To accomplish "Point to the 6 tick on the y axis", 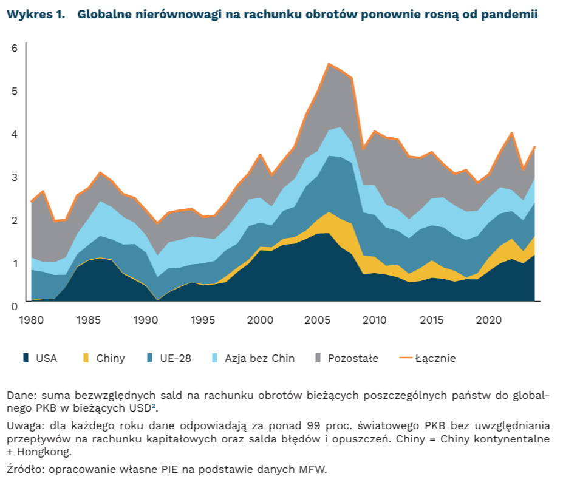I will pyautogui.click(x=14, y=48).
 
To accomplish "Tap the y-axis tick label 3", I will pyautogui.click(x=14, y=177).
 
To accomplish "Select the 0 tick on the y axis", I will pyautogui.click(x=14, y=306).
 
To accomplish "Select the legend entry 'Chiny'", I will pyautogui.click(x=110, y=358).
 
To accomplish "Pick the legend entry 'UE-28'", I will pyautogui.click(x=175, y=358).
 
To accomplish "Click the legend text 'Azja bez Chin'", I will pyautogui.click(x=259, y=358).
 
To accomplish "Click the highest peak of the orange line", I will pyautogui.click(x=329, y=64).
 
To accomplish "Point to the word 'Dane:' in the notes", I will pyautogui.click(x=19, y=395).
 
